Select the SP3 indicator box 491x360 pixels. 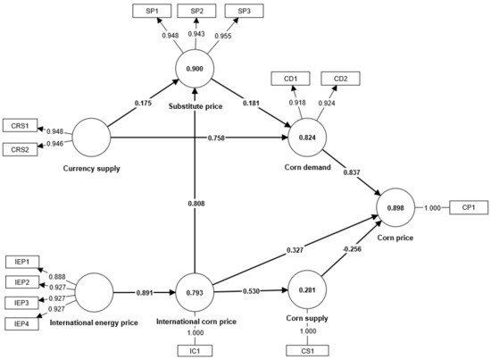(237, 11)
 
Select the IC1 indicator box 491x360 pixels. (194, 349)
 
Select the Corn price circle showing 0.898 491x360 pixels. (398, 208)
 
